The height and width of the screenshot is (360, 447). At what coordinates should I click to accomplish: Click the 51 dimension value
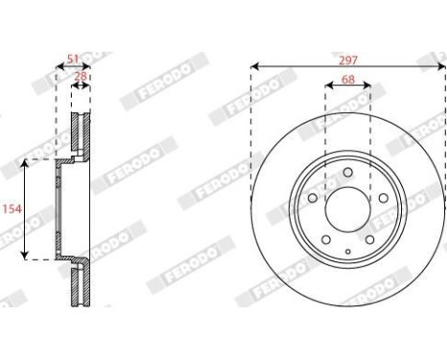(x=73, y=59)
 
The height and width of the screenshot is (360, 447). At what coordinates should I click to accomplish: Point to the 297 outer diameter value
(x=347, y=59)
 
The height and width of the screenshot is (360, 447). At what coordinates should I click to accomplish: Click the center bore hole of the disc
(x=347, y=206)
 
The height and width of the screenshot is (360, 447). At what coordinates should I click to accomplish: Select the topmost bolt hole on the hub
(x=347, y=173)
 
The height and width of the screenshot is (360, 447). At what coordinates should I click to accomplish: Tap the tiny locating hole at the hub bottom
(x=347, y=251)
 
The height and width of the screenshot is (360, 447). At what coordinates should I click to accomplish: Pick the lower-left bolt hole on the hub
(x=326, y=239)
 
